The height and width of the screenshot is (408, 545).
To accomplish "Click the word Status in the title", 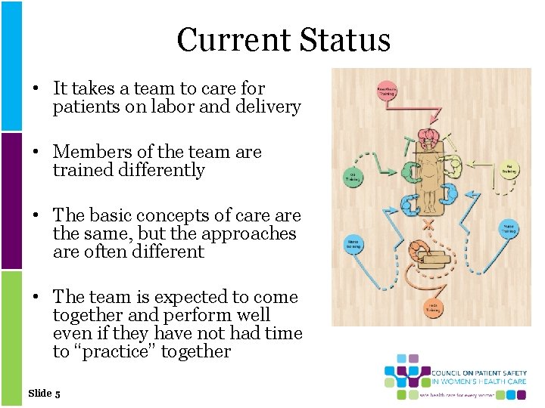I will pos(346,40).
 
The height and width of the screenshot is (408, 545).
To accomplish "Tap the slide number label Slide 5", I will pos(44,393).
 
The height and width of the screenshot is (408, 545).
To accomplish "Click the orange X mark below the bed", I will pos(429,224).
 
